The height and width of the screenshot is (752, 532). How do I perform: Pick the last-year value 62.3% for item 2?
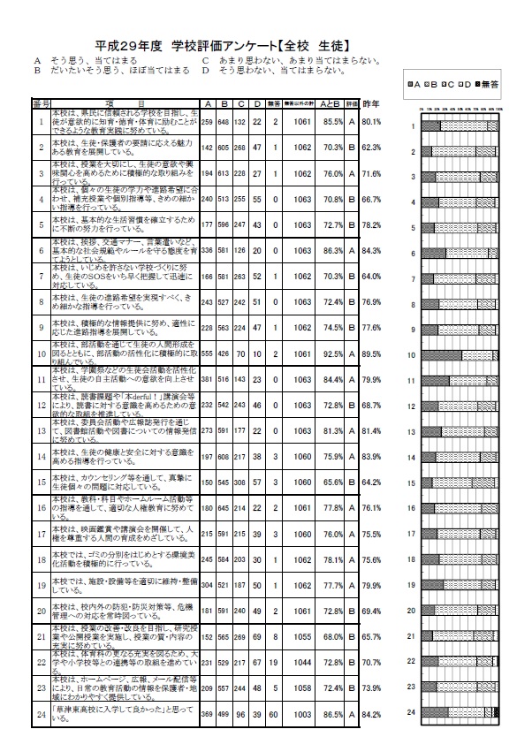pos(371,148)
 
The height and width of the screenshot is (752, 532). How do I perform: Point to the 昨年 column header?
pos(371,103)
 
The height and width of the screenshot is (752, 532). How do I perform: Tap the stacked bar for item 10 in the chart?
pos(460,355)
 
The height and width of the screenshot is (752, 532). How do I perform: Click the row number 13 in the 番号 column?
pos(41,431)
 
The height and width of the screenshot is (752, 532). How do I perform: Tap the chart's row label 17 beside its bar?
pos(411,534)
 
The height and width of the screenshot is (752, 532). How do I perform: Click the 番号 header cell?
pos(41,103)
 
